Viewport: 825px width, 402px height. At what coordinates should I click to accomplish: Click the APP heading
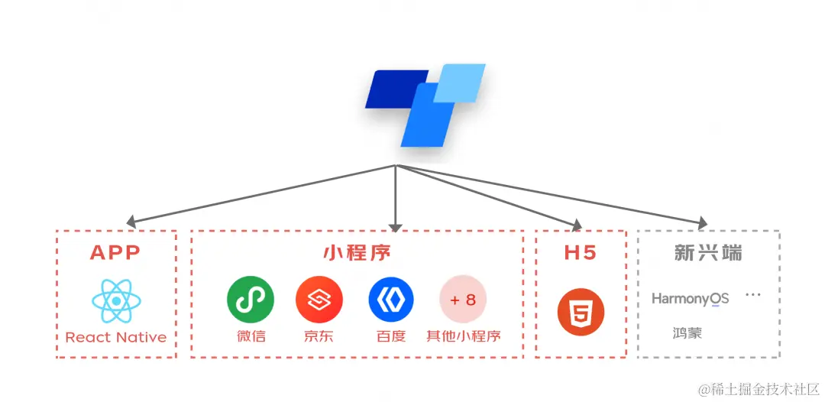[115, 253]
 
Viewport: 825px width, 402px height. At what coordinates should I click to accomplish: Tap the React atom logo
[115, 300]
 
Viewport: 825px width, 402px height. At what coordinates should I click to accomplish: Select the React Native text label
[115, 337]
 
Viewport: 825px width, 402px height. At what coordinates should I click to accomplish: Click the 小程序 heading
[357, 253]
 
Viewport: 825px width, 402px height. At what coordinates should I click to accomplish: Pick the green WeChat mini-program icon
[250, 300]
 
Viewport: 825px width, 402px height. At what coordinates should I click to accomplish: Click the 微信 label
[250, 336]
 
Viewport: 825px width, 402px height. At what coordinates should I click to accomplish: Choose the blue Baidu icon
[390, 300]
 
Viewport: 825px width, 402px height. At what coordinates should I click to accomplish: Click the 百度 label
[390, 336]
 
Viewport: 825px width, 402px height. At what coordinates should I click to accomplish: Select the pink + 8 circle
[463, 300]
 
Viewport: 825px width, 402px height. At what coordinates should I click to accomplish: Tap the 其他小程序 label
[463, 336]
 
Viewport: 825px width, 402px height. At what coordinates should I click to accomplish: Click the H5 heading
[580, 253]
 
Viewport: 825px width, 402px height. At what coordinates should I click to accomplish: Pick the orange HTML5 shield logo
[581, 313]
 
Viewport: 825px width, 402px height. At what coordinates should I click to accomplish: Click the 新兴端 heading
[708, 253]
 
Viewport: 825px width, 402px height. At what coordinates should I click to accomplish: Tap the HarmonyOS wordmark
[690, 299]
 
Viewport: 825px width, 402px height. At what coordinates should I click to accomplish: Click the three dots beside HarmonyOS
[753, 295]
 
